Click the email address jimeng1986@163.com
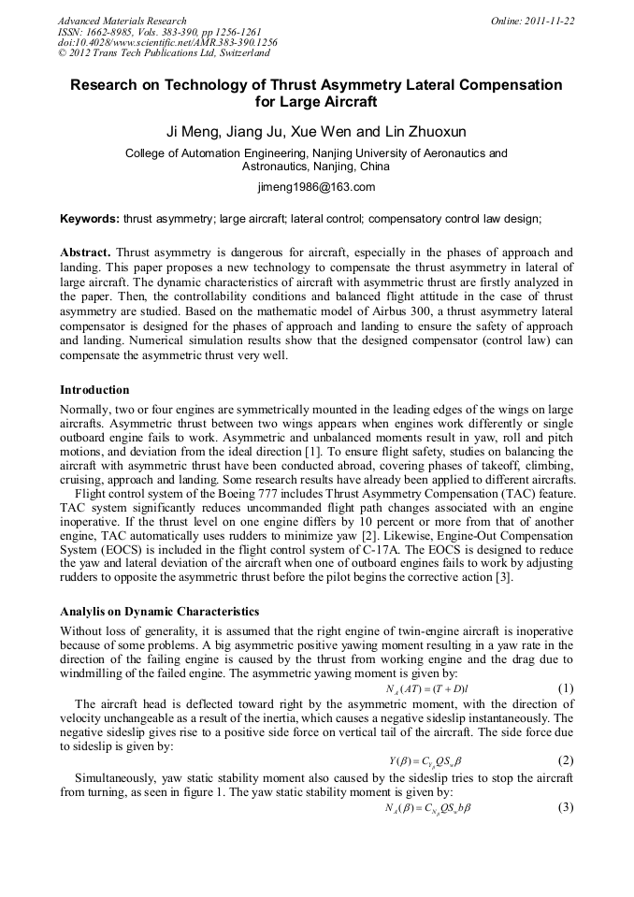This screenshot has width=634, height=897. click(316, 187)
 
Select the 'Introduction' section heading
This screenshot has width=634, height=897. click(94, 389)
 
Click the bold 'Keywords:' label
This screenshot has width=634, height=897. click(90, 219)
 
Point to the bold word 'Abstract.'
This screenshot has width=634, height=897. click(86, 253)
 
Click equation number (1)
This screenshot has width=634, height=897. click(565, 688)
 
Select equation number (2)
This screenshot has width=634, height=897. click(565, 760)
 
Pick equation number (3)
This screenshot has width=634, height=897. click(565, 807)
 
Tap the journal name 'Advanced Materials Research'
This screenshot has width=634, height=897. click(122, 21)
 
